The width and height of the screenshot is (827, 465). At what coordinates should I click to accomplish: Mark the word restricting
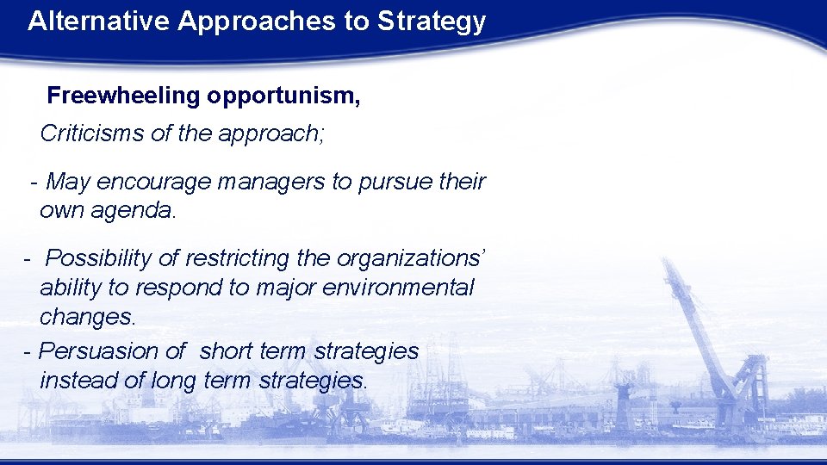[x=215, y=257]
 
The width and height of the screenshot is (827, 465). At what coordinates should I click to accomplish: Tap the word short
[x=225, y=351]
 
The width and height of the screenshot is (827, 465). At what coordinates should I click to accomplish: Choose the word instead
[x=78, y=380]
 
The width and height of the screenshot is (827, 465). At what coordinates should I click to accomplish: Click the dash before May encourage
[x=33, y=183]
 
